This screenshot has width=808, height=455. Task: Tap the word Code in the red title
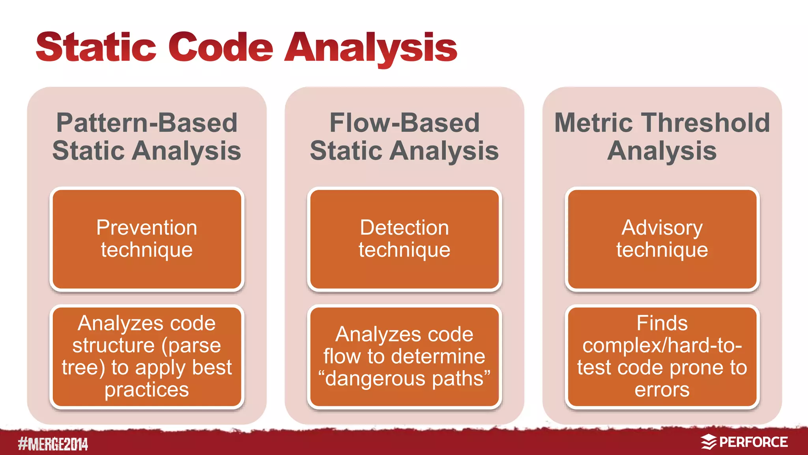(221, 47)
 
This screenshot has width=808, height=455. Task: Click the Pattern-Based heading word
(147, 123)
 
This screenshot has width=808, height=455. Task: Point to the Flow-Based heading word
(404, 123)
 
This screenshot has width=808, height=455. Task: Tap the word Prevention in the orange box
(147, 228)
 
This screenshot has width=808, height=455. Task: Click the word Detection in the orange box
(404, 228)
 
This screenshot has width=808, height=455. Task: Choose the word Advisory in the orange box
(662, 228)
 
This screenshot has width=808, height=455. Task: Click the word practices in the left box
(147, 390)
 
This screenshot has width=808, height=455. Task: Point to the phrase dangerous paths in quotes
(404, 378)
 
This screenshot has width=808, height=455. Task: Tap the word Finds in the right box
(662, 323)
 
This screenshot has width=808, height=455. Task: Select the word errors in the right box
(662, 390)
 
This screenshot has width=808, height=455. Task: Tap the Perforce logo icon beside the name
(709, 442)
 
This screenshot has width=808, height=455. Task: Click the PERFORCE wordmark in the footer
(753, 442)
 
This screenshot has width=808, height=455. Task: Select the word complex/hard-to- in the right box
(662, 346)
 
